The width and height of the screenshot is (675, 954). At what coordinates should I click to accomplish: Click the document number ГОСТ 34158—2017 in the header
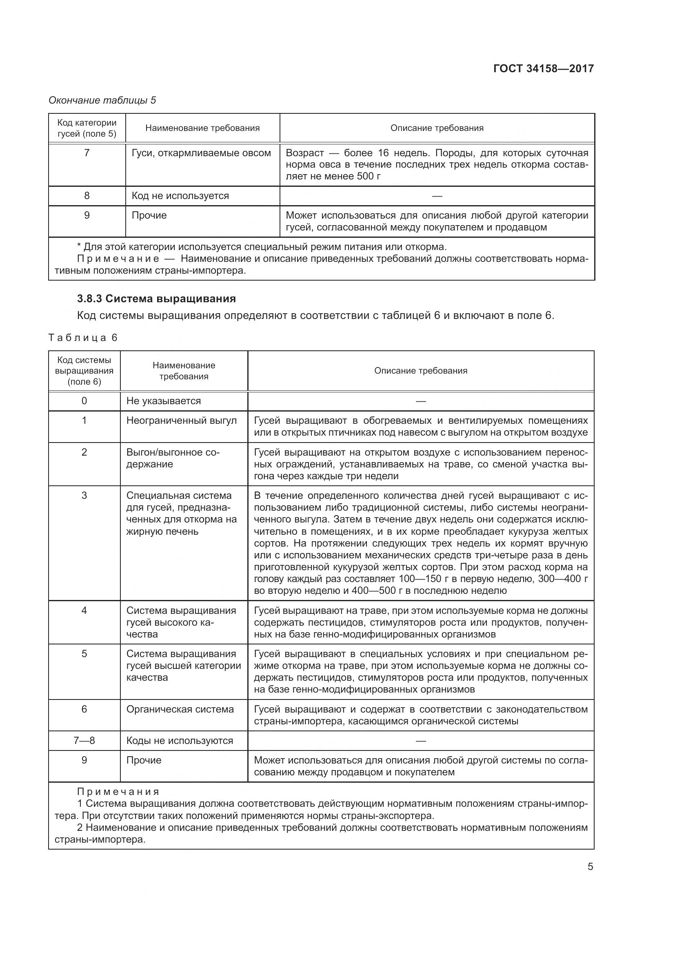[x=543, y=69]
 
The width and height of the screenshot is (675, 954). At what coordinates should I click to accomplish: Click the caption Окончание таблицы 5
[x=102, y=100]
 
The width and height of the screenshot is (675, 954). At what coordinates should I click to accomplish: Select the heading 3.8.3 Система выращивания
[x=156, y=298]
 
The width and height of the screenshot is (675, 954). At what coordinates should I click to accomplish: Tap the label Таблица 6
[x=83, y=337]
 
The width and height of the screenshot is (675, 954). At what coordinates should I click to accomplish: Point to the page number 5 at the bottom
[x=590, y=867]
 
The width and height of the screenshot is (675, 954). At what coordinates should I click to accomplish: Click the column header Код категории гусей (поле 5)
[x=87, y=128]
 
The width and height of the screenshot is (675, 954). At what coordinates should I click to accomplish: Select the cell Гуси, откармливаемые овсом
[x=201, y=153]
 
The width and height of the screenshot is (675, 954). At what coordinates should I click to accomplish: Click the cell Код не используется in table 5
[x=180, y=196]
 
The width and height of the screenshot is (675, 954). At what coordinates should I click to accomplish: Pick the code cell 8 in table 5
[x=87, y=196]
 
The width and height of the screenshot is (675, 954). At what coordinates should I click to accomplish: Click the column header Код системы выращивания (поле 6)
[x=84, y=371]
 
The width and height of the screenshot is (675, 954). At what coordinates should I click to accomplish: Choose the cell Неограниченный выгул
[x=182, y=421]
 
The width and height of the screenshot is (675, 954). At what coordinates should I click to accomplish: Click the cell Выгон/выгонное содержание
[x=173, y=458]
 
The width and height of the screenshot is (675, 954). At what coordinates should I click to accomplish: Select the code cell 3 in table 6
[x=84, y=495]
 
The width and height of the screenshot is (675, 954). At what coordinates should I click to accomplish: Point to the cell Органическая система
[x=180, y=709]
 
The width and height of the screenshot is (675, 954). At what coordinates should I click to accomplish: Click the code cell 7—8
[x=84, y=740]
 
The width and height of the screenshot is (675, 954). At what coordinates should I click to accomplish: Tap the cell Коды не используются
[x=180, y=740]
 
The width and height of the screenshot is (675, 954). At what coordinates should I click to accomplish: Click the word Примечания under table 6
[x=118, y=792]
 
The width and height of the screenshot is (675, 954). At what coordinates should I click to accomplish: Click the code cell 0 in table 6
[x=84, y=401]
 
